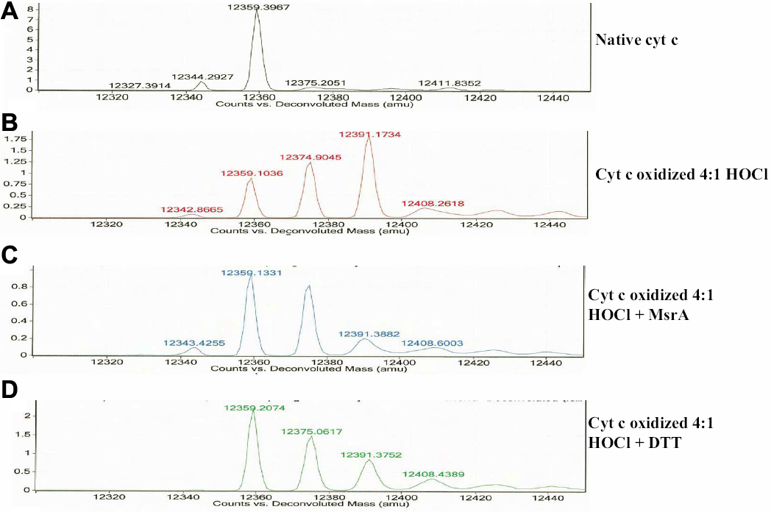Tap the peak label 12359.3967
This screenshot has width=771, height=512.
pos(257,6)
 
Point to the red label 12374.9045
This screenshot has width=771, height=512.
pos(309,157)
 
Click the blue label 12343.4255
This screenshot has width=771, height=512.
pos(192,342)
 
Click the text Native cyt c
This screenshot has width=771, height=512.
pos(636,40)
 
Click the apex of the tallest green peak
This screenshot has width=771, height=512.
pos(255,410)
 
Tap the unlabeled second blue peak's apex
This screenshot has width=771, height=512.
pos(309,286)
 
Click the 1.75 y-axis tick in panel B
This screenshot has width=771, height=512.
pos(14,138)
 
